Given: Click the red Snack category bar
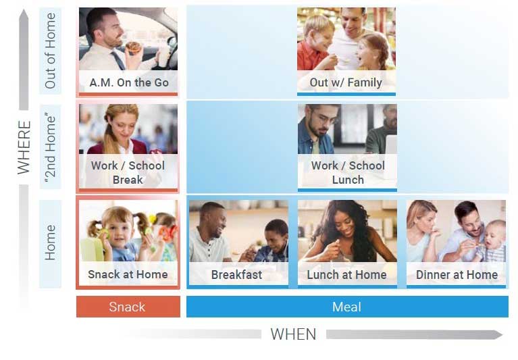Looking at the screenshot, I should pos(128,307).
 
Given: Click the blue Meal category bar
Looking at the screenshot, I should pos(346,307).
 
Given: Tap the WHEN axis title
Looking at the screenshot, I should pos(293,334).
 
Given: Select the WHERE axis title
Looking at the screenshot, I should pos(24,147).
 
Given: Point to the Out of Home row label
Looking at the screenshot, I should pos(50,51).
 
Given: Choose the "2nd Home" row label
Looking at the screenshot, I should pos(50,147).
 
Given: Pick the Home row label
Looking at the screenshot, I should pos(50,242).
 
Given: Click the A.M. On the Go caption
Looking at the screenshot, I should pos(128,83).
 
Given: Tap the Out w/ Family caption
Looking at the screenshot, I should pos(346,83).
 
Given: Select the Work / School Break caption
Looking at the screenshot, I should pos(128,172).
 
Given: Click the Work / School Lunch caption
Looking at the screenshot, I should pos(347,172).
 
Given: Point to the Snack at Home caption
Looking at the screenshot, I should pos(128,274).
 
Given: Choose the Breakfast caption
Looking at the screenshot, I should pos(236,275).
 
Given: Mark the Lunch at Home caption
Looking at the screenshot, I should pos(346,275).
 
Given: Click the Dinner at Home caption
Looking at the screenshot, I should pos(457,275).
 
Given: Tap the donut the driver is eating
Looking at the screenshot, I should pos(134,47).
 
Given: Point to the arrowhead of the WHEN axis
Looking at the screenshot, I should pos(498,334).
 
